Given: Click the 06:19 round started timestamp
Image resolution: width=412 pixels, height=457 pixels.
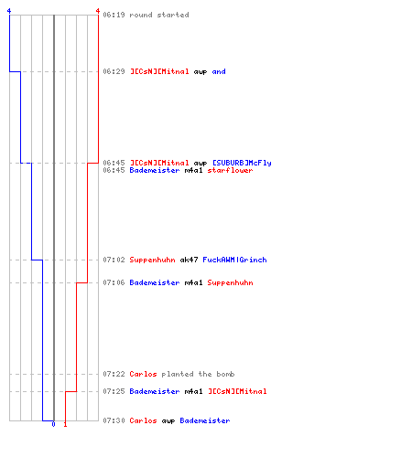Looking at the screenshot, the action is [114, 15].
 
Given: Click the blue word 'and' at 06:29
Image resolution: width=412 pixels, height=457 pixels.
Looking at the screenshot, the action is [219, 71].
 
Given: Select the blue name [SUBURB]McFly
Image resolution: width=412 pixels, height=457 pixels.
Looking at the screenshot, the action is [242, 163].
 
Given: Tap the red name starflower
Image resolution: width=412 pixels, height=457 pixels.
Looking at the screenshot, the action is [230, 170].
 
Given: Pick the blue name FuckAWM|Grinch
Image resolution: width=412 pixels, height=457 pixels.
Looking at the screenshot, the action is [234, 260].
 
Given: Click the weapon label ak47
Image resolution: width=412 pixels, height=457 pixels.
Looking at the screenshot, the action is [189, 260].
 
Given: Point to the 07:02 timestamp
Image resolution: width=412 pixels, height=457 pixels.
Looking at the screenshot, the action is [114, 260].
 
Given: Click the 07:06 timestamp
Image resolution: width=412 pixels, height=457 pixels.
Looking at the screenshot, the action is [114, 282].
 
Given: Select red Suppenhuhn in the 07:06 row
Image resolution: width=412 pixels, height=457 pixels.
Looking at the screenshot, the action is [230, 283].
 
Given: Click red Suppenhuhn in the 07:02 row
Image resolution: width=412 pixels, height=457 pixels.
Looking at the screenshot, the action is [152, 260].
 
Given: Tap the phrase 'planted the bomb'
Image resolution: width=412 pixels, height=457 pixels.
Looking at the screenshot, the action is [198, 374].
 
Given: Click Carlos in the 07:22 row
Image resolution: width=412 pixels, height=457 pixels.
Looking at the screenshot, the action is [143, 374].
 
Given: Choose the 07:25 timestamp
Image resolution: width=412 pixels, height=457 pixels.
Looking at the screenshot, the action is [114, 391].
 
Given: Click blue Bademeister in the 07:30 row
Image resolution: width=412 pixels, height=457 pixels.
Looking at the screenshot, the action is [205, 420].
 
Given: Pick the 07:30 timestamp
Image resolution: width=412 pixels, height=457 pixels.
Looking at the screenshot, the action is [114, 420].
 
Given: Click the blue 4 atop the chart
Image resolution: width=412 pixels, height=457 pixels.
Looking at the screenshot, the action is [9, 11].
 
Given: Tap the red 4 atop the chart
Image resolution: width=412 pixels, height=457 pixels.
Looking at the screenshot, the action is [98, 11].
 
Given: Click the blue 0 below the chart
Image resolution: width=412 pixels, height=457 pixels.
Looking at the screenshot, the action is [53, 424].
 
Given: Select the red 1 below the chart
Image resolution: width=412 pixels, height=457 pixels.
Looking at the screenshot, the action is [65, 424].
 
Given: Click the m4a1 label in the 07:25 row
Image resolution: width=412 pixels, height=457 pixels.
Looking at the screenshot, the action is [193, 391].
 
